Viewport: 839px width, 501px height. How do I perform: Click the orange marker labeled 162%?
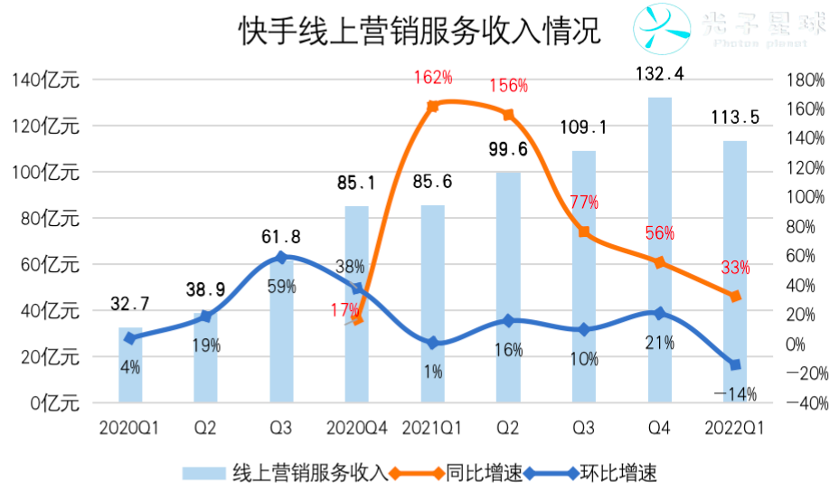(x=432, y=106)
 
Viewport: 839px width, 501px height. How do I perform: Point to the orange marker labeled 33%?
(x=735, y=296)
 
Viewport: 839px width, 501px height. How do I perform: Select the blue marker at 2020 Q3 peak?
(x=281, y=257)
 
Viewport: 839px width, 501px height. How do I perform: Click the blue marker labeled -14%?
(x=735, y=364)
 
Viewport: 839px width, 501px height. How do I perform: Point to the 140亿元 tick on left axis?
(x=46, y=80)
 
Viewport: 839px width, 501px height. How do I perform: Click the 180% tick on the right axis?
(x=806, y=80)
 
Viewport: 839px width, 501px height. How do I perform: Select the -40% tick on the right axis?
(x=804, y=403)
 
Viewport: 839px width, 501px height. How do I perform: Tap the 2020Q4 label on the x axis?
(x=357, y=426)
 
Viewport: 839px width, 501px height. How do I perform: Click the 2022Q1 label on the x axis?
(x=734, y=426)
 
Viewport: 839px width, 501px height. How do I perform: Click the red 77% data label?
(x=584, y=203)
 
